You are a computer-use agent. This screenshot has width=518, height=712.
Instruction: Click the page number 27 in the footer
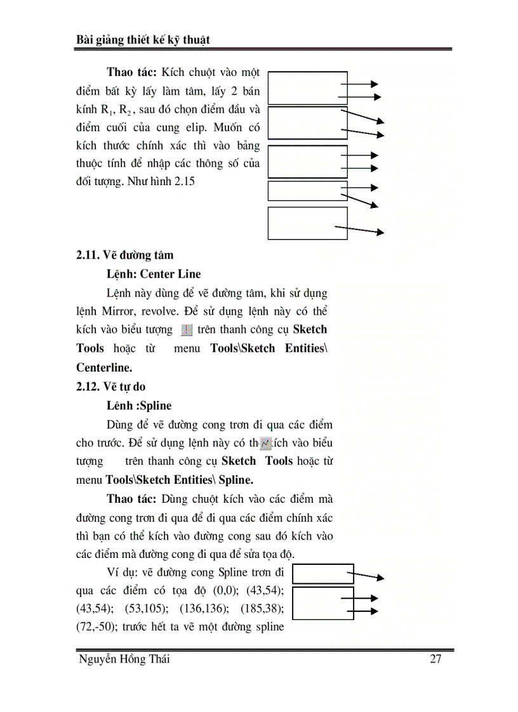click(435, 659)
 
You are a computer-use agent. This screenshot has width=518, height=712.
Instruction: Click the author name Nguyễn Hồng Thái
click(124, 659)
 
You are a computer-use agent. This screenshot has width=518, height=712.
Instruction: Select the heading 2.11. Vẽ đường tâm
click(124, 255)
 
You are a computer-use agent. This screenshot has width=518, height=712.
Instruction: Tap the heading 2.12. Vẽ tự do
click(111, 386)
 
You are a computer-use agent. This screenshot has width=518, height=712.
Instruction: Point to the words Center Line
click(170, 274)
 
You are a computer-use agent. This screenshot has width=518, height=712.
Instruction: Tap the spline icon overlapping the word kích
click(267, 442)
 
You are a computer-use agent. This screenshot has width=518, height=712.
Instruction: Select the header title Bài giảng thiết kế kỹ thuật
click(142, 40)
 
